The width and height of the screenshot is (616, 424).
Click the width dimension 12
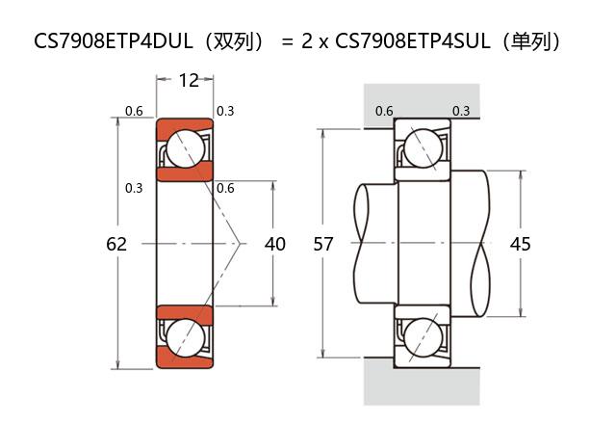click(x=189, y=80)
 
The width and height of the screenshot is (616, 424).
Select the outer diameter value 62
click(x=116, y=244)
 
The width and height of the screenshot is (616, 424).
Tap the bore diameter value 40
click(x=275, y=244)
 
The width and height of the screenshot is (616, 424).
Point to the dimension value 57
click(x=323, y=244)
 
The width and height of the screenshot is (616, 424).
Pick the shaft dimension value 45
click(x=520, y=244)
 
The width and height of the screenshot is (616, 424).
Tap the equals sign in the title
click(x=287, y=41)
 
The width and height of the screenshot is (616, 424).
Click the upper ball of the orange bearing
click(x=184, y=149)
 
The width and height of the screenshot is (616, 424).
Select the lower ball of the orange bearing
click(x=184, y=338)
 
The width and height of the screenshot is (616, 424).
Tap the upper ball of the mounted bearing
click(x=422, y=148)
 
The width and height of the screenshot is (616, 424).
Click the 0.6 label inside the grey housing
click(x=384, y=111)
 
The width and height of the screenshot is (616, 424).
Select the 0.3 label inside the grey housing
click(x=461, y=111)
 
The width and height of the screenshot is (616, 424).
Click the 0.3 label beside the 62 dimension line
click(x=134, y=187)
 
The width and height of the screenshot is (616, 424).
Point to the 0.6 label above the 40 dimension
click(x=225, y=187)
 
